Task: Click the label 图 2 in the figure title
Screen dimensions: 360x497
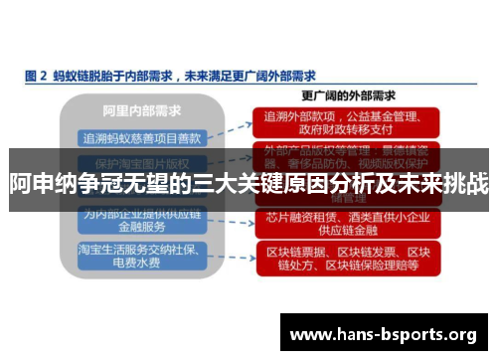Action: point(36,74)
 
